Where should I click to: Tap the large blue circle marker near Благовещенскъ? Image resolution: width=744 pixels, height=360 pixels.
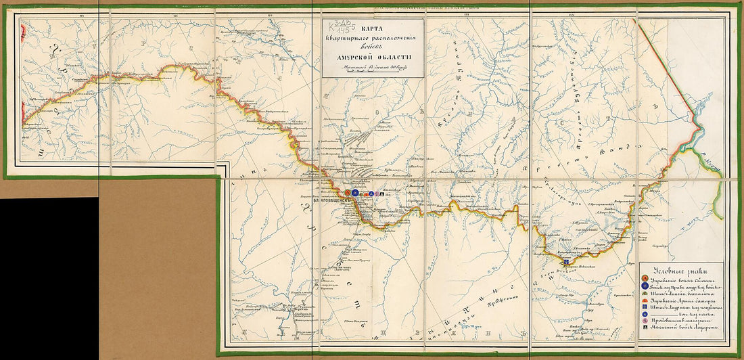coord(356,194)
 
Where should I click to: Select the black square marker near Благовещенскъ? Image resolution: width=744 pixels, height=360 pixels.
coord(382,195)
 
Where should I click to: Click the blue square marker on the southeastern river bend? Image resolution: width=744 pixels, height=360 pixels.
coord(565,261)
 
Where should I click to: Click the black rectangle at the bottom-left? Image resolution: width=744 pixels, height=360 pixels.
coord(49,277)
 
